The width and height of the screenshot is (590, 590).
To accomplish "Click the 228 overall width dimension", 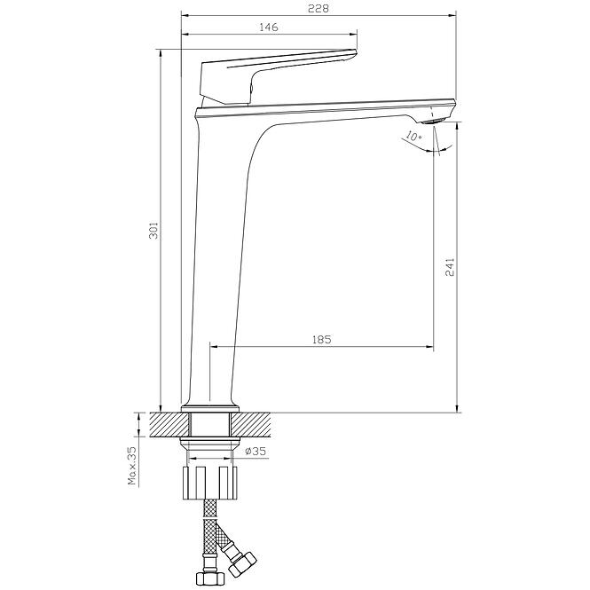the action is pos(318,8).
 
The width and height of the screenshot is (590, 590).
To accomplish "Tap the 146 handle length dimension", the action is pos(269,28).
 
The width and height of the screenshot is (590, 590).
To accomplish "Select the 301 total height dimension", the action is pos(153,231).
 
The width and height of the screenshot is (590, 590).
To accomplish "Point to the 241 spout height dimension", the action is pos(450,267).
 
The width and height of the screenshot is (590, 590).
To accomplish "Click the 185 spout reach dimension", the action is pos(322,340).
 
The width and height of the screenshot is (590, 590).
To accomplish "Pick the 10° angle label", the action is pos(414,136).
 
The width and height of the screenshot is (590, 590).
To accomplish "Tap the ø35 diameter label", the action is pos(256,451).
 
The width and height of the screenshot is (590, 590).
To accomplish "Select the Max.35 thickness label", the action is pos(132,466).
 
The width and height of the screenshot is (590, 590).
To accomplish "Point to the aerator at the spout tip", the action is pos(434,121).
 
